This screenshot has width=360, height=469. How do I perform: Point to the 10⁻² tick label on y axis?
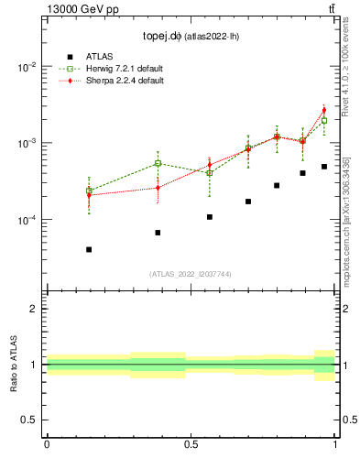(27, 68)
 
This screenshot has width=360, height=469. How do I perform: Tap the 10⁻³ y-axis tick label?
(27, 144)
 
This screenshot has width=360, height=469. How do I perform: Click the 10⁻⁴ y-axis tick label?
(27, 221)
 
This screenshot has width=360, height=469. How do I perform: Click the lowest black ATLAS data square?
(89, 249)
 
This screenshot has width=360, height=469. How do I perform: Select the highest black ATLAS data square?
(324, 167)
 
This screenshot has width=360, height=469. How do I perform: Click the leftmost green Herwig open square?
(89, 191)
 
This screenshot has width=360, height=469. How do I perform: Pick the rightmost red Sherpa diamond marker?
(324, 110)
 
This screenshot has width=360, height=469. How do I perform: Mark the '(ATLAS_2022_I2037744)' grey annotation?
(191, 274)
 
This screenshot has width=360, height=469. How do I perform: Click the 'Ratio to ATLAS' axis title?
(14, 364)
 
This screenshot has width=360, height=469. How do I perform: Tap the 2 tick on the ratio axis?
(34, 309)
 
